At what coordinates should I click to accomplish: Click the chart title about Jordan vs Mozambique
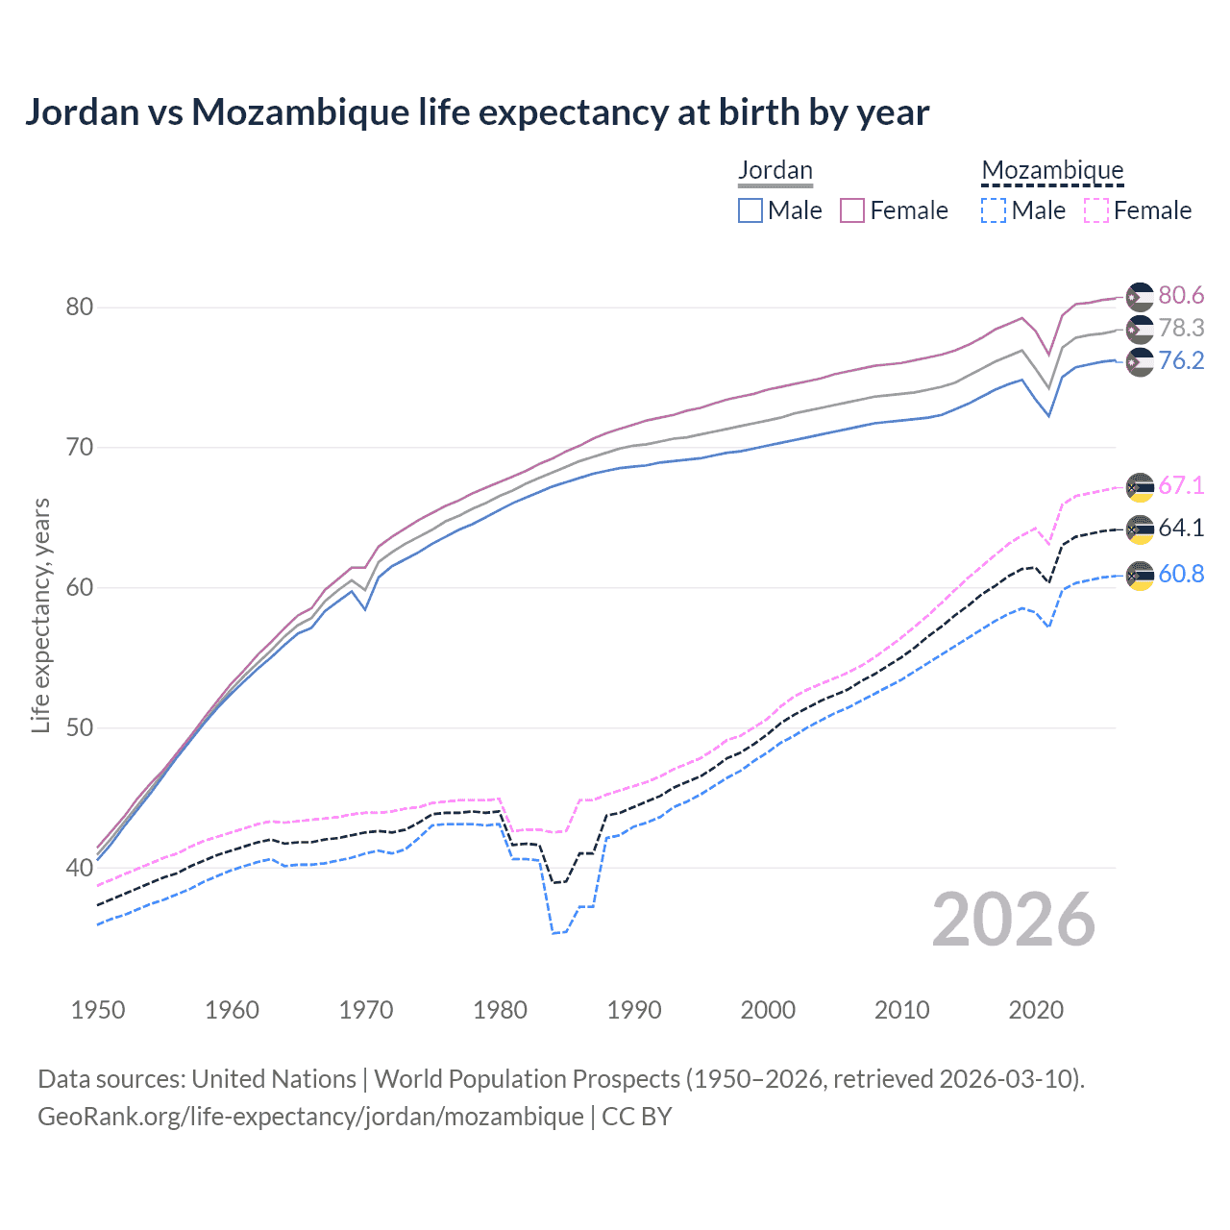pyautogui.click(x=477, y=112)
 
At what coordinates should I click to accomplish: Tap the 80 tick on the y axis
pyautogui.click(x=79, y=307)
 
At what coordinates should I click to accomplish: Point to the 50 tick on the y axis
pyautogui.click(x=79, y=727)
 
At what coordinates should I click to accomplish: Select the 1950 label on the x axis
pyautogui.click(x=98, y=1010)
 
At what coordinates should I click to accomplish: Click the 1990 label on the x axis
pyautogui.click(x=634, y=1010)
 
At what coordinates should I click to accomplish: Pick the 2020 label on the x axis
pyautogui.click(x=1036, y=1010)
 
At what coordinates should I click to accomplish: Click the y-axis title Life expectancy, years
pyautogui.click(x=40, y=615)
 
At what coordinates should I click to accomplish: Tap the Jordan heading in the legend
pyautogui.click(x=775, y=171)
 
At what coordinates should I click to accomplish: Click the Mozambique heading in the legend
pyautogui.click(x=1052, y=171)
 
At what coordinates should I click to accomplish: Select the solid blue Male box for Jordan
pyautogui.click(x=750, y=210)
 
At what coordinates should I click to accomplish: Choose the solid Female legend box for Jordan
pyautogui.click(x=852, y=210)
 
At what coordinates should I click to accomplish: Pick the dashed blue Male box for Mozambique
pyautogui.click(x=994, y=210)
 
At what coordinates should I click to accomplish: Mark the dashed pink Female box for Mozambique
pyautogui.click(x=1096, y=210)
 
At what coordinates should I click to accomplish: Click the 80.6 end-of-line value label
pyautogui.click(x=1181, y=295)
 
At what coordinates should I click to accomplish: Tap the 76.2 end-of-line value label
pyautogui.click(x=1181, y=360)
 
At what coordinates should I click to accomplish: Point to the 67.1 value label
pyautogui.click(x=1181, y=485)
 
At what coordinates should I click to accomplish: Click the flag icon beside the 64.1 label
pyautogui.click(x=1140, y=529)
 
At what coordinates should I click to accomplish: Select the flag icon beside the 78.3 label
pyautogui.click(x=1140, y=329)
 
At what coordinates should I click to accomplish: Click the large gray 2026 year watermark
pyautogui.click(x=1014, y=920)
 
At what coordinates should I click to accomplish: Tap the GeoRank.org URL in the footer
pyautogui.click(x=310, y=1117)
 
